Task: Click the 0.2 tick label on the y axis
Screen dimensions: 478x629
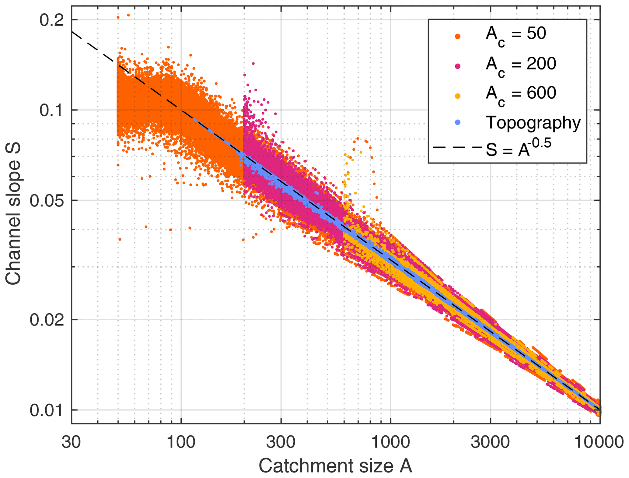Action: [52, 20]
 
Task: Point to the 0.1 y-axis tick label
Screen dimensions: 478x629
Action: [52, 110]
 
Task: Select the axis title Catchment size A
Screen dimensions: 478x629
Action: [335, 466]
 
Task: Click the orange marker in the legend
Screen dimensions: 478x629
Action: [457, 37]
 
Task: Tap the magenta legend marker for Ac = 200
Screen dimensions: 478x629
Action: [457, 66]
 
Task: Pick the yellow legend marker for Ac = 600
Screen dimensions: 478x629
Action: [457, 96]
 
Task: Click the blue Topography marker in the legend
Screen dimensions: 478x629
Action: [457, 123]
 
